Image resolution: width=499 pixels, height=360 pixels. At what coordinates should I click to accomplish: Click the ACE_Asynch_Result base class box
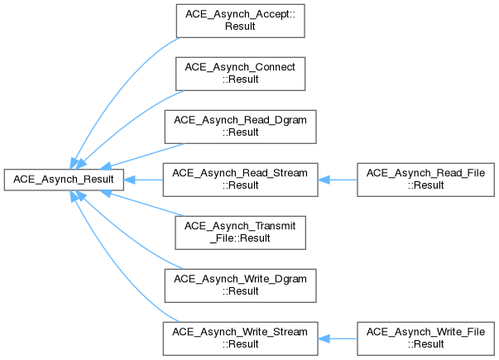(x=64, y=180)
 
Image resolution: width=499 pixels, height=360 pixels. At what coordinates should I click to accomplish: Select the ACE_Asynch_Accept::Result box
(x=240, y=21)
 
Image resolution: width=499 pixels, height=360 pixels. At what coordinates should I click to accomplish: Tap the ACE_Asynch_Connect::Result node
(x=240, y=74)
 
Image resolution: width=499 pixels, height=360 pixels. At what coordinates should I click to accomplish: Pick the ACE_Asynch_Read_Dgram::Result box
(x=240, y=127)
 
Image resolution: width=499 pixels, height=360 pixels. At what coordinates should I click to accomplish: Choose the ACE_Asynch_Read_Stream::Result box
(x=240, y=180)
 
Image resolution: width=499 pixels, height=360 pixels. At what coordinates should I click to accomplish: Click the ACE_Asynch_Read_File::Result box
(x=425, y=180)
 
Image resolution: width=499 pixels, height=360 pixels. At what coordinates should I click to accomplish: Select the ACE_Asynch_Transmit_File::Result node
(x=240, y=233)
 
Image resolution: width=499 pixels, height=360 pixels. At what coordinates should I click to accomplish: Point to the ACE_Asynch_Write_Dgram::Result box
(x=240, y=286)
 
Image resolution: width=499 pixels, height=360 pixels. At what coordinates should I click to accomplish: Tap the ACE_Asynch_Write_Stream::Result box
(x=240, y=338)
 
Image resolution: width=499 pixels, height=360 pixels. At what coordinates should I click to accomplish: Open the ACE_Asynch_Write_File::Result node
(x=425, y=338)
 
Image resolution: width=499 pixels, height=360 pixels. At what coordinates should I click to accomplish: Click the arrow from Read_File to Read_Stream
(x=338, y=180)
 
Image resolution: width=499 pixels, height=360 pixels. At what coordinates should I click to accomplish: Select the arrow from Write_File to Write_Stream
(x=338, y=338)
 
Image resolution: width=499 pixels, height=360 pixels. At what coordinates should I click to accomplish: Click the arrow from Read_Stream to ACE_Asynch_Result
(x=143, y=180)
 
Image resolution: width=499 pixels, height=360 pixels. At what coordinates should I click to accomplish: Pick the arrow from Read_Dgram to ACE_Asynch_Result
(x=142, y=156)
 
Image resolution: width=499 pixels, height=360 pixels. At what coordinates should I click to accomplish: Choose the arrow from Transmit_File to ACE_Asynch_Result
(x=142, y=204)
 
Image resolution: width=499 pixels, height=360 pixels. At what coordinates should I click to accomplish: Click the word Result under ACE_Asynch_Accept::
(x=240, y=26)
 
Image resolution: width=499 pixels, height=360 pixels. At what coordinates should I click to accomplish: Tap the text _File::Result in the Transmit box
(x=240, y=238)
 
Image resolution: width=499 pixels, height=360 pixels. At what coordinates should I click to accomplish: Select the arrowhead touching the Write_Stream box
(x=324, y=338)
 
